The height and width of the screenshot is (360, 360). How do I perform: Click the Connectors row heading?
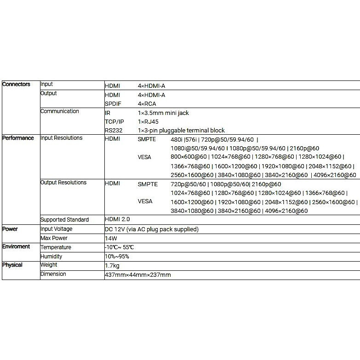tap(16, 84)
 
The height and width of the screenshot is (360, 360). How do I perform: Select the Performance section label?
tap(18, 138)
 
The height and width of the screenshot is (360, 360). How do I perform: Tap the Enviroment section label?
tap(17, 247)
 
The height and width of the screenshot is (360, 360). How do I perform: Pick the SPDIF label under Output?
tap(113, 104)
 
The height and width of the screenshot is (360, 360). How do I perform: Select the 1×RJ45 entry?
tap(150, 122)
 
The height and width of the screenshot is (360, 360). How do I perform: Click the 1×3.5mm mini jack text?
tap(163, 113)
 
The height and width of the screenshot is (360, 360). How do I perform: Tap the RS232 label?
tap(113, 131)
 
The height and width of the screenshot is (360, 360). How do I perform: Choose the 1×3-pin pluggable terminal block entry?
tap(181, 131)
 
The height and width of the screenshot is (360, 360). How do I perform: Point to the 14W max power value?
tap(111, 238)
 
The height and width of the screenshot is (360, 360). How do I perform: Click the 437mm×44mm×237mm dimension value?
tap(138, 275)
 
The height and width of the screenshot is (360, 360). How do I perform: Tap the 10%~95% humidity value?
tap(117, 257)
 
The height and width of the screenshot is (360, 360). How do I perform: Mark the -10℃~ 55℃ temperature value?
tap(119, 247)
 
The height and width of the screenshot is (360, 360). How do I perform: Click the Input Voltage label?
tap(56, 229)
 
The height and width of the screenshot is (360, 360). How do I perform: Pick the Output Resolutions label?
tap(63, 183)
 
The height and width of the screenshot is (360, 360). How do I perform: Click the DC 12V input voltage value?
tap(152, 229)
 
